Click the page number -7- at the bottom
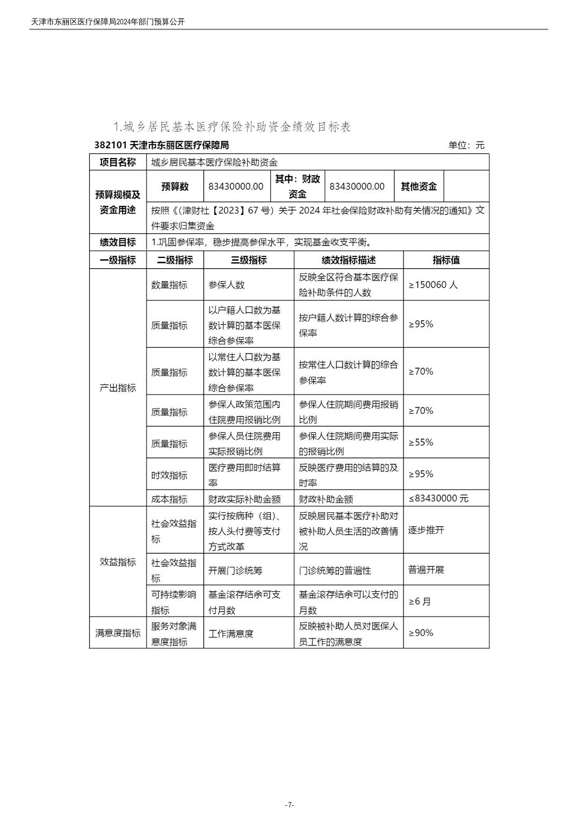pyautogui.click(x=288, y=805)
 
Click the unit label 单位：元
pyautogui.click(x=466, y=145)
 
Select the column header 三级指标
pyautogui.click(x=248, y=260)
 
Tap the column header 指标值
pyautogui.click(x=446, y=260)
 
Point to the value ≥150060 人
pyautogui.click(x=433, y=285)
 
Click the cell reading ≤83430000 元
pyautogui.click(x=438, y=498)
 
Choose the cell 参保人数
pyautogui.click(x=226, y=285)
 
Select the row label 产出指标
pyautogui.click(x=118, y=388)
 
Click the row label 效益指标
pyautogui.click(x=118, y=562)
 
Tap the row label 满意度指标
pyautogui.click(x=118, y=633)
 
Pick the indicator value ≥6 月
pyautogui.click(x=420, y=601)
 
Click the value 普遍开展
pyautogui.click(x=426, y=570)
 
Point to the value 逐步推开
pyautogui.click(x=426, y=530)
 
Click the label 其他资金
pyautogui.click(x=419, y=187)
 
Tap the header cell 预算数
pyautogui.click(x=175, y=187)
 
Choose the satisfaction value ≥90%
pyautogui.click(x=421, y=633)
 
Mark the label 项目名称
pyautogui.click(x=118, y=162)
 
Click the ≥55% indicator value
pyautogui.click(x=421, y=442)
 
